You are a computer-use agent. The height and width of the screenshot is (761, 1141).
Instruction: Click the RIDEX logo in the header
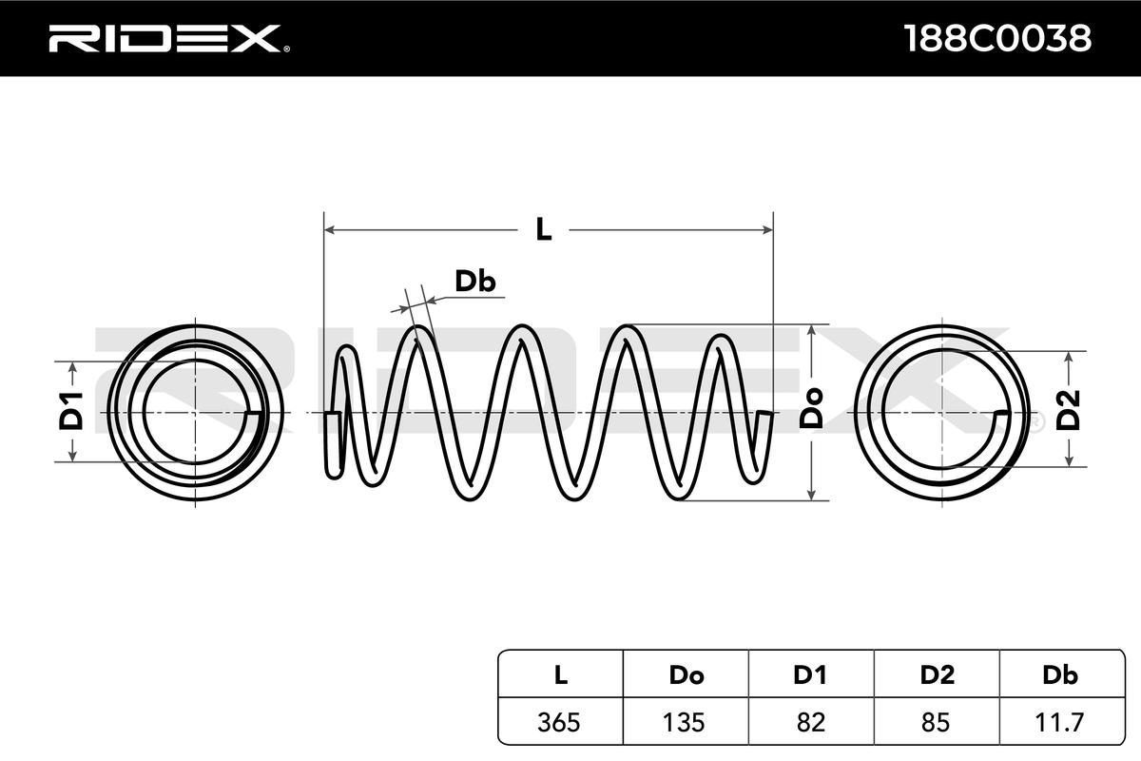169,39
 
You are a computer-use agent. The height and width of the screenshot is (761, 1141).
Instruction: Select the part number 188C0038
997,38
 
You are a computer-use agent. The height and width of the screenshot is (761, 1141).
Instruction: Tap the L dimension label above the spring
544,229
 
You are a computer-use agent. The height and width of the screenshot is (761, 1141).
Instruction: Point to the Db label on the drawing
474,282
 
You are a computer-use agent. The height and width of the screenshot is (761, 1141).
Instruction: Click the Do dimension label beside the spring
811,408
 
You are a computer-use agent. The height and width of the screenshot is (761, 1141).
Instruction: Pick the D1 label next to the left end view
70,411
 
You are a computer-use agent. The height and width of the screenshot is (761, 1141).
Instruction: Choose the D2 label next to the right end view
1068,410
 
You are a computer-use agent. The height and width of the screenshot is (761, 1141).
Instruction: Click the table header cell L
560,675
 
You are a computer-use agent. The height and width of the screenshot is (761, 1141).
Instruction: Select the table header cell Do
687,675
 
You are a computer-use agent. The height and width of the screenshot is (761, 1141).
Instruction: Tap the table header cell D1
810,675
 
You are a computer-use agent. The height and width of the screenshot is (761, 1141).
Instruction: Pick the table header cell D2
938,675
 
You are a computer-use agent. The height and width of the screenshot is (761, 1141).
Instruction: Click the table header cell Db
1060,675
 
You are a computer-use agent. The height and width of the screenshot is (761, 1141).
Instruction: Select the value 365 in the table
559,723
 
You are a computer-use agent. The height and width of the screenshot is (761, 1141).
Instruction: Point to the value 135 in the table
684,723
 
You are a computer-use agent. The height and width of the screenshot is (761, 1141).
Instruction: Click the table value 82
810,723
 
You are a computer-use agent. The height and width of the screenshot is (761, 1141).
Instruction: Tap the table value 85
936,723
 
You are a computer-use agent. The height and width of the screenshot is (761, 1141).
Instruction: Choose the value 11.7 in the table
1059,723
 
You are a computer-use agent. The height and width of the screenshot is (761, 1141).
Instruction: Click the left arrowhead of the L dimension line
330,230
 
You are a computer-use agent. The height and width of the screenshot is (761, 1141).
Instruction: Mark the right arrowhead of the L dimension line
767,230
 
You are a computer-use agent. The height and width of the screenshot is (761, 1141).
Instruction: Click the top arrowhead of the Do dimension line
811,330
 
